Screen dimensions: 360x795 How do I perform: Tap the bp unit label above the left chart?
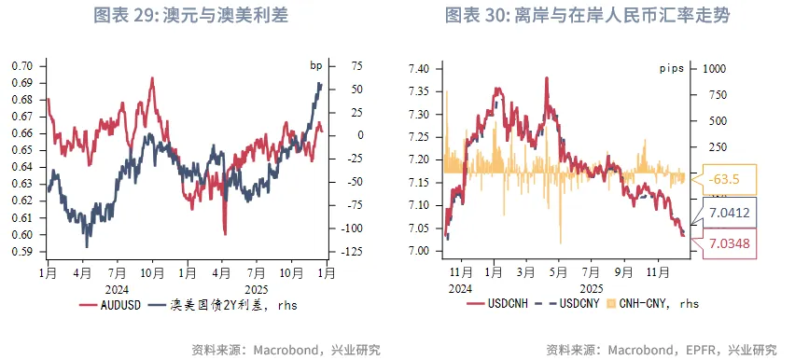[x=316, y=66]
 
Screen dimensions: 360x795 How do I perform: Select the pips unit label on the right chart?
[x=672, y=69]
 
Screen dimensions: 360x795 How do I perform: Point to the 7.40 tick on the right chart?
[x=419, y=70]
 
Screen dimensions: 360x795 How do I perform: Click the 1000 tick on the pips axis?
[x=715, y=69]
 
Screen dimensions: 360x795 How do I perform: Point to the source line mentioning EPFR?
[x=661, y=350]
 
